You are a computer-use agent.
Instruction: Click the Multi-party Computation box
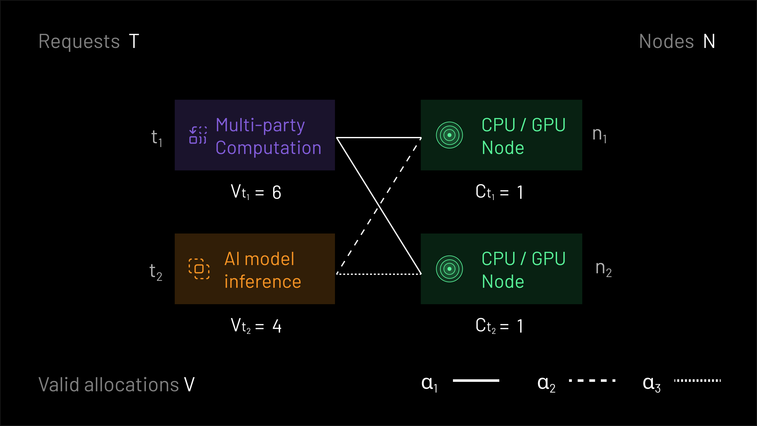click(255, 135)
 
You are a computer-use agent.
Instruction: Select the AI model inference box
click(255, 269)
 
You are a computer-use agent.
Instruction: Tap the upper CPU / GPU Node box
click(501, 135)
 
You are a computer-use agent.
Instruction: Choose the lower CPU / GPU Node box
click(501, 269)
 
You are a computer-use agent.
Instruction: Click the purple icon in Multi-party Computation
click(198, 135)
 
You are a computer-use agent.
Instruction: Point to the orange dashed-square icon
click(199, 269)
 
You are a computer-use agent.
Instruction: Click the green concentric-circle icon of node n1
click(449, 135)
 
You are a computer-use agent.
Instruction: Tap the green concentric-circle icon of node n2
click(449, 269)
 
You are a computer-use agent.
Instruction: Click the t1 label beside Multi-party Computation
click(156, 138)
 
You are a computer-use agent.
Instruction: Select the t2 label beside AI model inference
click(156, 272)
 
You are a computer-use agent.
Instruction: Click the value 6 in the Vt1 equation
click(277, 192)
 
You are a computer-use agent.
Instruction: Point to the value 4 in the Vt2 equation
click(277, 326)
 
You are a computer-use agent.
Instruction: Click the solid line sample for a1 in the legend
click(476, 381)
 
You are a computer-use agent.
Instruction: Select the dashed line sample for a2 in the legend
click(592, 381)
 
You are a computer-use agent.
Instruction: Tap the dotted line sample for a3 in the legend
click(697, 381)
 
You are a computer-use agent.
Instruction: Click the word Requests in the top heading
click(79, 41)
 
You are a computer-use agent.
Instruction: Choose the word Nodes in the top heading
click(666, 41)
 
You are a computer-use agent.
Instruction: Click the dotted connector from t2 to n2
click(378, 274)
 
